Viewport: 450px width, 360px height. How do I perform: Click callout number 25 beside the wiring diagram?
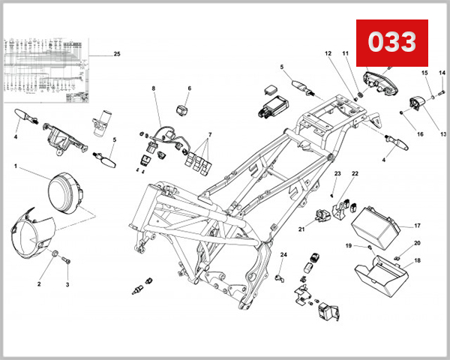tap(116, 54)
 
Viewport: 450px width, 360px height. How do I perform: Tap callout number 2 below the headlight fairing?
tap(40, 285)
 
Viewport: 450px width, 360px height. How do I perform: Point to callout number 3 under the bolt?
tap(67, 285)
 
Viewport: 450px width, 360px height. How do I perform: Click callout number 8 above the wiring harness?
tap(154, 88)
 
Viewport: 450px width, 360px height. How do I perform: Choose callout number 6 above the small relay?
tap(189, 88)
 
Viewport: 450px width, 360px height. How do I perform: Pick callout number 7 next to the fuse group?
tap(210, 136)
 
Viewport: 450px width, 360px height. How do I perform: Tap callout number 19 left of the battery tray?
tap(349, 246)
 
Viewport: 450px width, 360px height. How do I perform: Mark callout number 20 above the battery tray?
tap(418, 243)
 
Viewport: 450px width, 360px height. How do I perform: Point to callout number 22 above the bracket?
tap(355, 174)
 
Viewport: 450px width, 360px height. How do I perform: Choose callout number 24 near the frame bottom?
tap(283, 256)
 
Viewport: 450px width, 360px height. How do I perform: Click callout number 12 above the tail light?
tap(328, 54)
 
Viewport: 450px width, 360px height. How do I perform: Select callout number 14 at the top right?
tap(442, 73)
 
